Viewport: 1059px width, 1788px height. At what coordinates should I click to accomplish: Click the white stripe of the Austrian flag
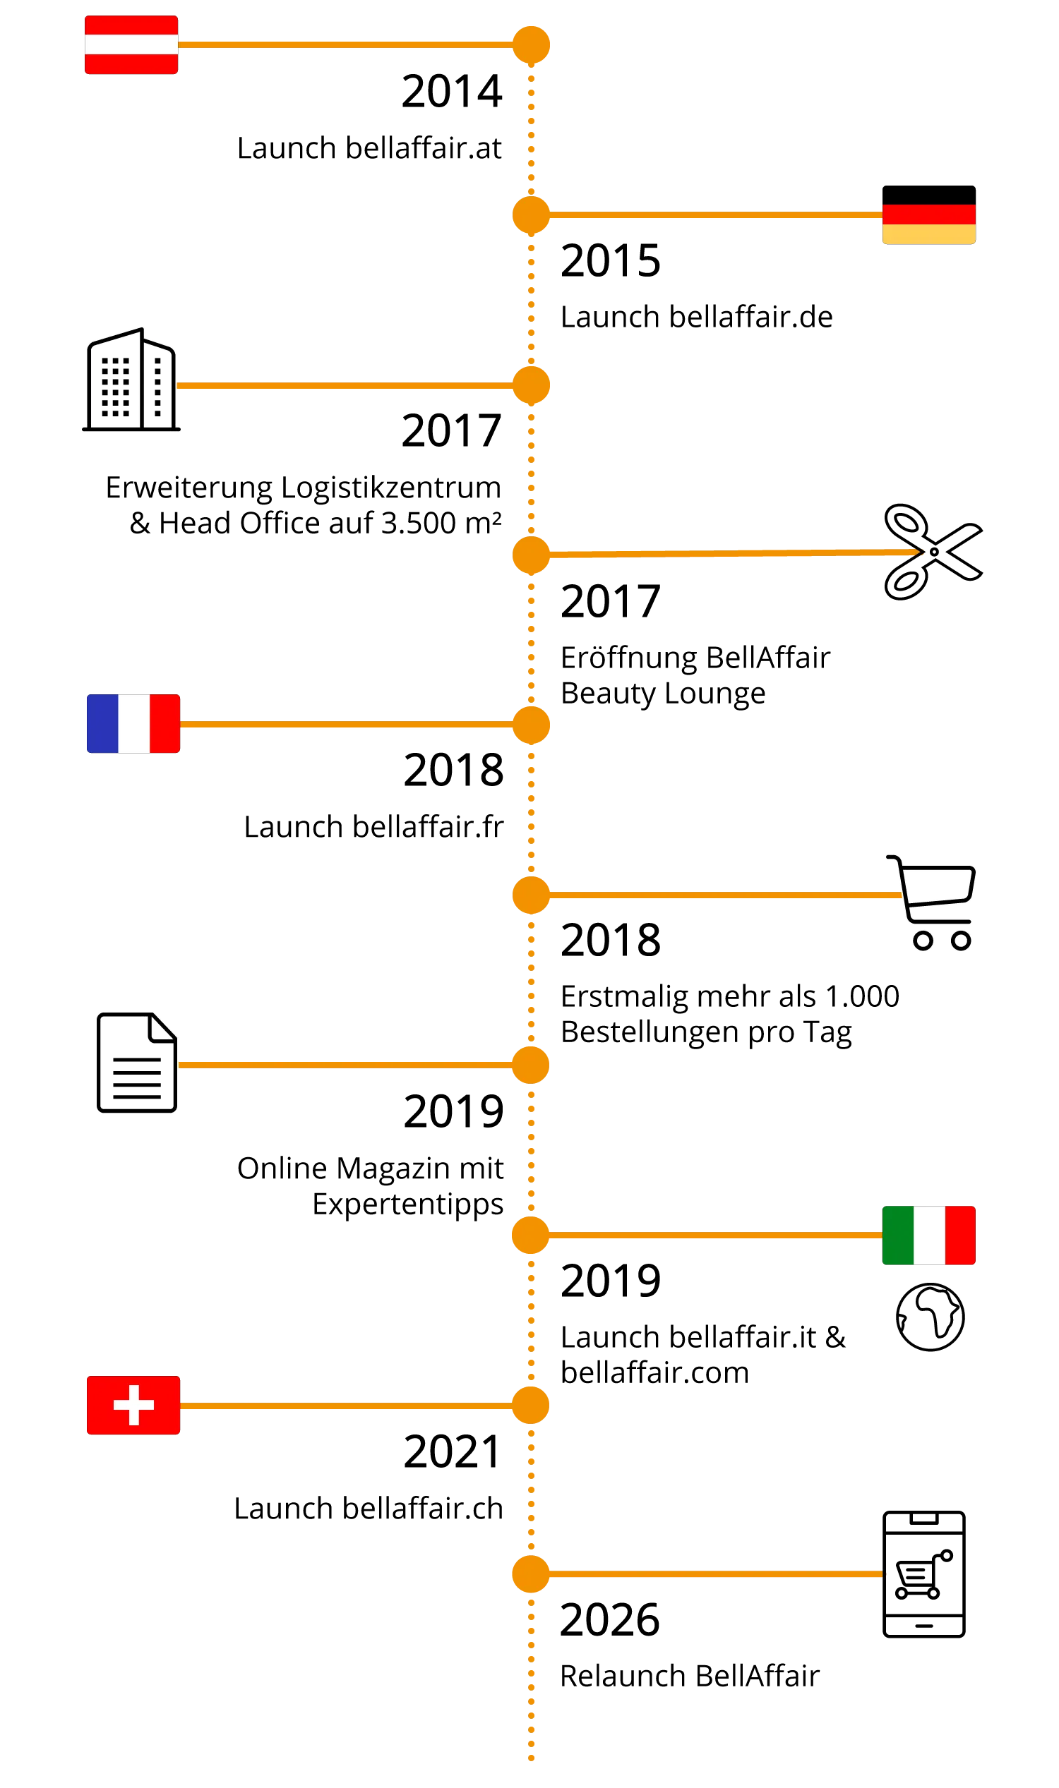(131, 45)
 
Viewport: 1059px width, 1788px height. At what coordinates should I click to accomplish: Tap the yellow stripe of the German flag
(928, 234)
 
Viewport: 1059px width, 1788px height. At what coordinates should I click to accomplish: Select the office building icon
(132, 381)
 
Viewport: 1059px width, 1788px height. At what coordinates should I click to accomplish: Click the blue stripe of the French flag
(102, 724)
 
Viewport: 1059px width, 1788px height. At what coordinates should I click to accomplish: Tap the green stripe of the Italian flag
(897, 1236)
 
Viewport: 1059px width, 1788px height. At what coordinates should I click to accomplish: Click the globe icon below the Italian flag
(929, 1317)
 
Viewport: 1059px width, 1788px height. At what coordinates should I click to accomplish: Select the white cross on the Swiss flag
(133, 1405)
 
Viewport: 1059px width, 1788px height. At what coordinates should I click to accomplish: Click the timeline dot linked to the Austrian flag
(530, 45)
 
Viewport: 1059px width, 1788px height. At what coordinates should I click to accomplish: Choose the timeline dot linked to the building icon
(530, 385)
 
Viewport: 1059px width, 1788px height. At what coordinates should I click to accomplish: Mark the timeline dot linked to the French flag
(530, 724)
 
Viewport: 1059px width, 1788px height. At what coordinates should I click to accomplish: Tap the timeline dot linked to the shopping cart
(530, 895)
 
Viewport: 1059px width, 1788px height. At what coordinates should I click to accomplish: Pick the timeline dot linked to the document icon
(530, 1064)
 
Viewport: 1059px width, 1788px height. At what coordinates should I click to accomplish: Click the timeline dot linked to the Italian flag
(530, 1235)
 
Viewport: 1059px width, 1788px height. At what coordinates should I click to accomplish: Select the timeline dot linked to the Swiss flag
(530, 1404)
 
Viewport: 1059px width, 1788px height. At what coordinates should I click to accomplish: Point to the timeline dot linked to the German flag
(530, 214)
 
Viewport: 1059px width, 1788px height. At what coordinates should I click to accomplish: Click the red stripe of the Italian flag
(961, 1236)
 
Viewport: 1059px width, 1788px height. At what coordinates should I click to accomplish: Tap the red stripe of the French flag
(164, 724)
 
